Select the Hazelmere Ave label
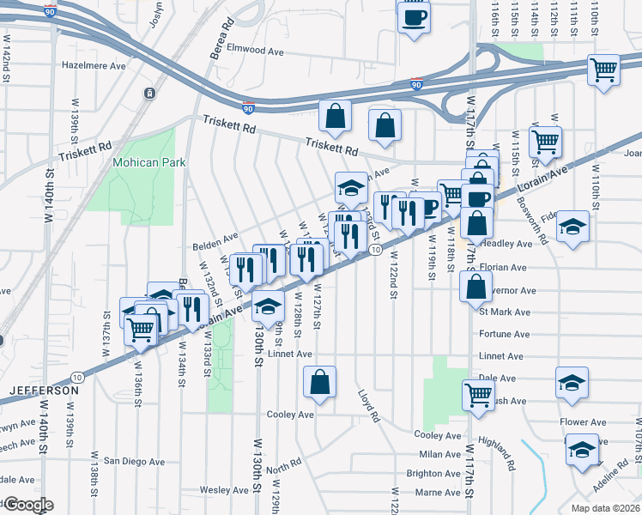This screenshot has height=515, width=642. tap(94, 65)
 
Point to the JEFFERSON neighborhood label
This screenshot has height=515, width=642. tap(44, 390)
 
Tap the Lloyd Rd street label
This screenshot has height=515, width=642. tap(369, 407)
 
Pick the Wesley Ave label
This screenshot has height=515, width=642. tap(223, 490)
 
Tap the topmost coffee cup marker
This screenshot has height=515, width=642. tap(414, 17)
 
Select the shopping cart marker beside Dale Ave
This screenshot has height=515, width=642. tap(479, 395)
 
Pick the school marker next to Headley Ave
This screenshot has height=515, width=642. tap(572, 227)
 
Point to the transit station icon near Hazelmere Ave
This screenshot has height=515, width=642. tap(150, 93)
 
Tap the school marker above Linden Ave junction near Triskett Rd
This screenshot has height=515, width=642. tap(350, 186)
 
